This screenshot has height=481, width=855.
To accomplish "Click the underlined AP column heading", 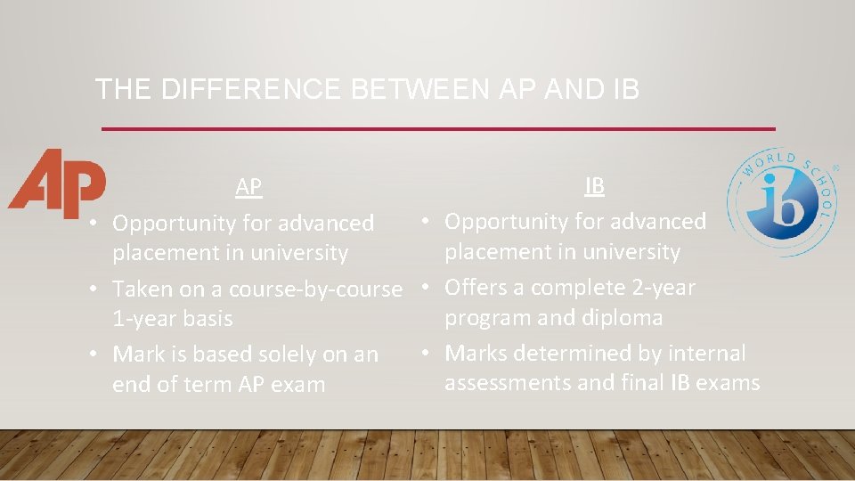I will click(248, 187).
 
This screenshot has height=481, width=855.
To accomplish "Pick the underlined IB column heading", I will click(594, 186).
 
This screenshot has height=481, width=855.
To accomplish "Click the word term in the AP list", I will click(195, 385).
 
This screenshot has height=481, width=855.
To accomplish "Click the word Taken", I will click(140, 289).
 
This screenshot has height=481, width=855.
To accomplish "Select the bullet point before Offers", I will click(427, 288).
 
